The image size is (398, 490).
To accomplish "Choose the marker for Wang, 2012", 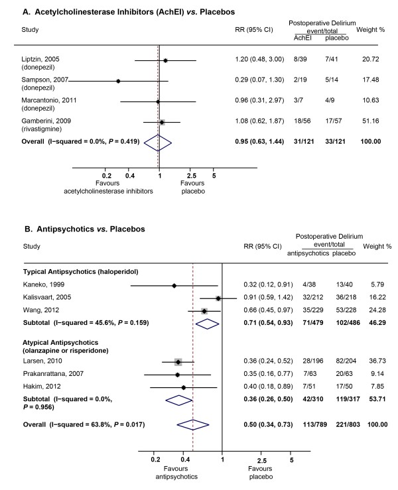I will point(204,311).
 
